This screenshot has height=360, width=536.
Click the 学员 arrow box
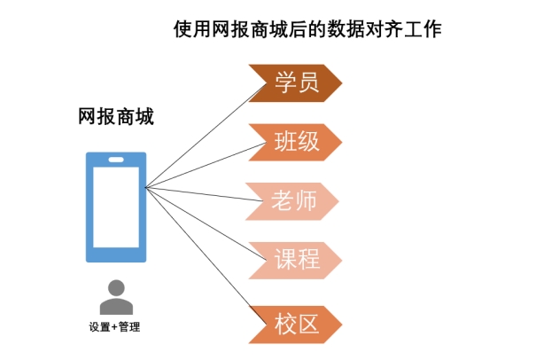296,83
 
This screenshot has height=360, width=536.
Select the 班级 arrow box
296,143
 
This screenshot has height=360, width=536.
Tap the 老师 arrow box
293,201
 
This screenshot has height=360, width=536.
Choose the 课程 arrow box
296,261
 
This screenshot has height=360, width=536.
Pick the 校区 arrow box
296,325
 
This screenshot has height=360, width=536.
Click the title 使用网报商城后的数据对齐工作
307,29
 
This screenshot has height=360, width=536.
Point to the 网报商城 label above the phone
116,117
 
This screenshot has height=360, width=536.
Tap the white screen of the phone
116,207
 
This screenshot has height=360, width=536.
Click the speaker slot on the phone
116,160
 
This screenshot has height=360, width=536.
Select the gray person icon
116,298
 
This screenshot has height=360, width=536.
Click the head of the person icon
116,288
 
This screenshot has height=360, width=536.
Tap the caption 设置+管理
114,327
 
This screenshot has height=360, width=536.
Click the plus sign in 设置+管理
114,327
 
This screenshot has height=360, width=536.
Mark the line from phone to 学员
206,136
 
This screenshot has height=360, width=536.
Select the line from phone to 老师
204,194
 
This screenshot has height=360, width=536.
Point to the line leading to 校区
206,255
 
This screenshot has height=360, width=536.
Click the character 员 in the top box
308,82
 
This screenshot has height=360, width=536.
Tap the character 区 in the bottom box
308,325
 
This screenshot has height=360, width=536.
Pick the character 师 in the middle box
306,201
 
